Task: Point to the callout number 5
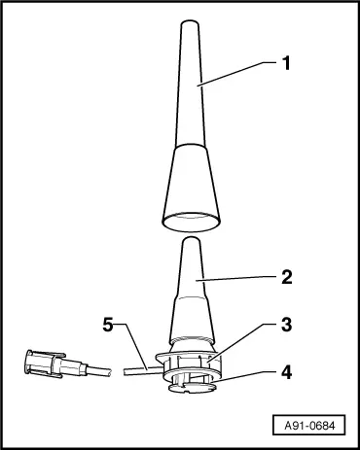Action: coord(110,326)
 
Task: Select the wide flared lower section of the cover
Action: coord(192,185)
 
